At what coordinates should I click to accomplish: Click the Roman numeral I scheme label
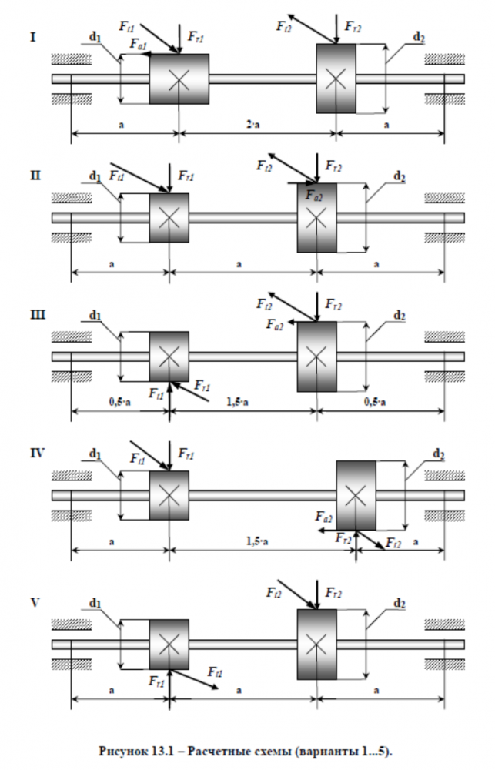(32, 35)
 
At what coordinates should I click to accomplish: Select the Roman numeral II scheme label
(35, 175)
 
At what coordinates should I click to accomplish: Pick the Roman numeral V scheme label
(34, 600)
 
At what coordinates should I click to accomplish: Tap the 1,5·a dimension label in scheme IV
(256, 541)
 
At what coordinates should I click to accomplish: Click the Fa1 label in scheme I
(139, 45)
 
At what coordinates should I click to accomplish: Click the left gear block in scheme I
(179, 79)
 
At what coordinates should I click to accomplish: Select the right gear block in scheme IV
(356, 495)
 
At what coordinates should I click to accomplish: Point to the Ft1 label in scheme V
(216, 672)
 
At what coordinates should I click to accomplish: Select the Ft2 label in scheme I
(284, 25)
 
